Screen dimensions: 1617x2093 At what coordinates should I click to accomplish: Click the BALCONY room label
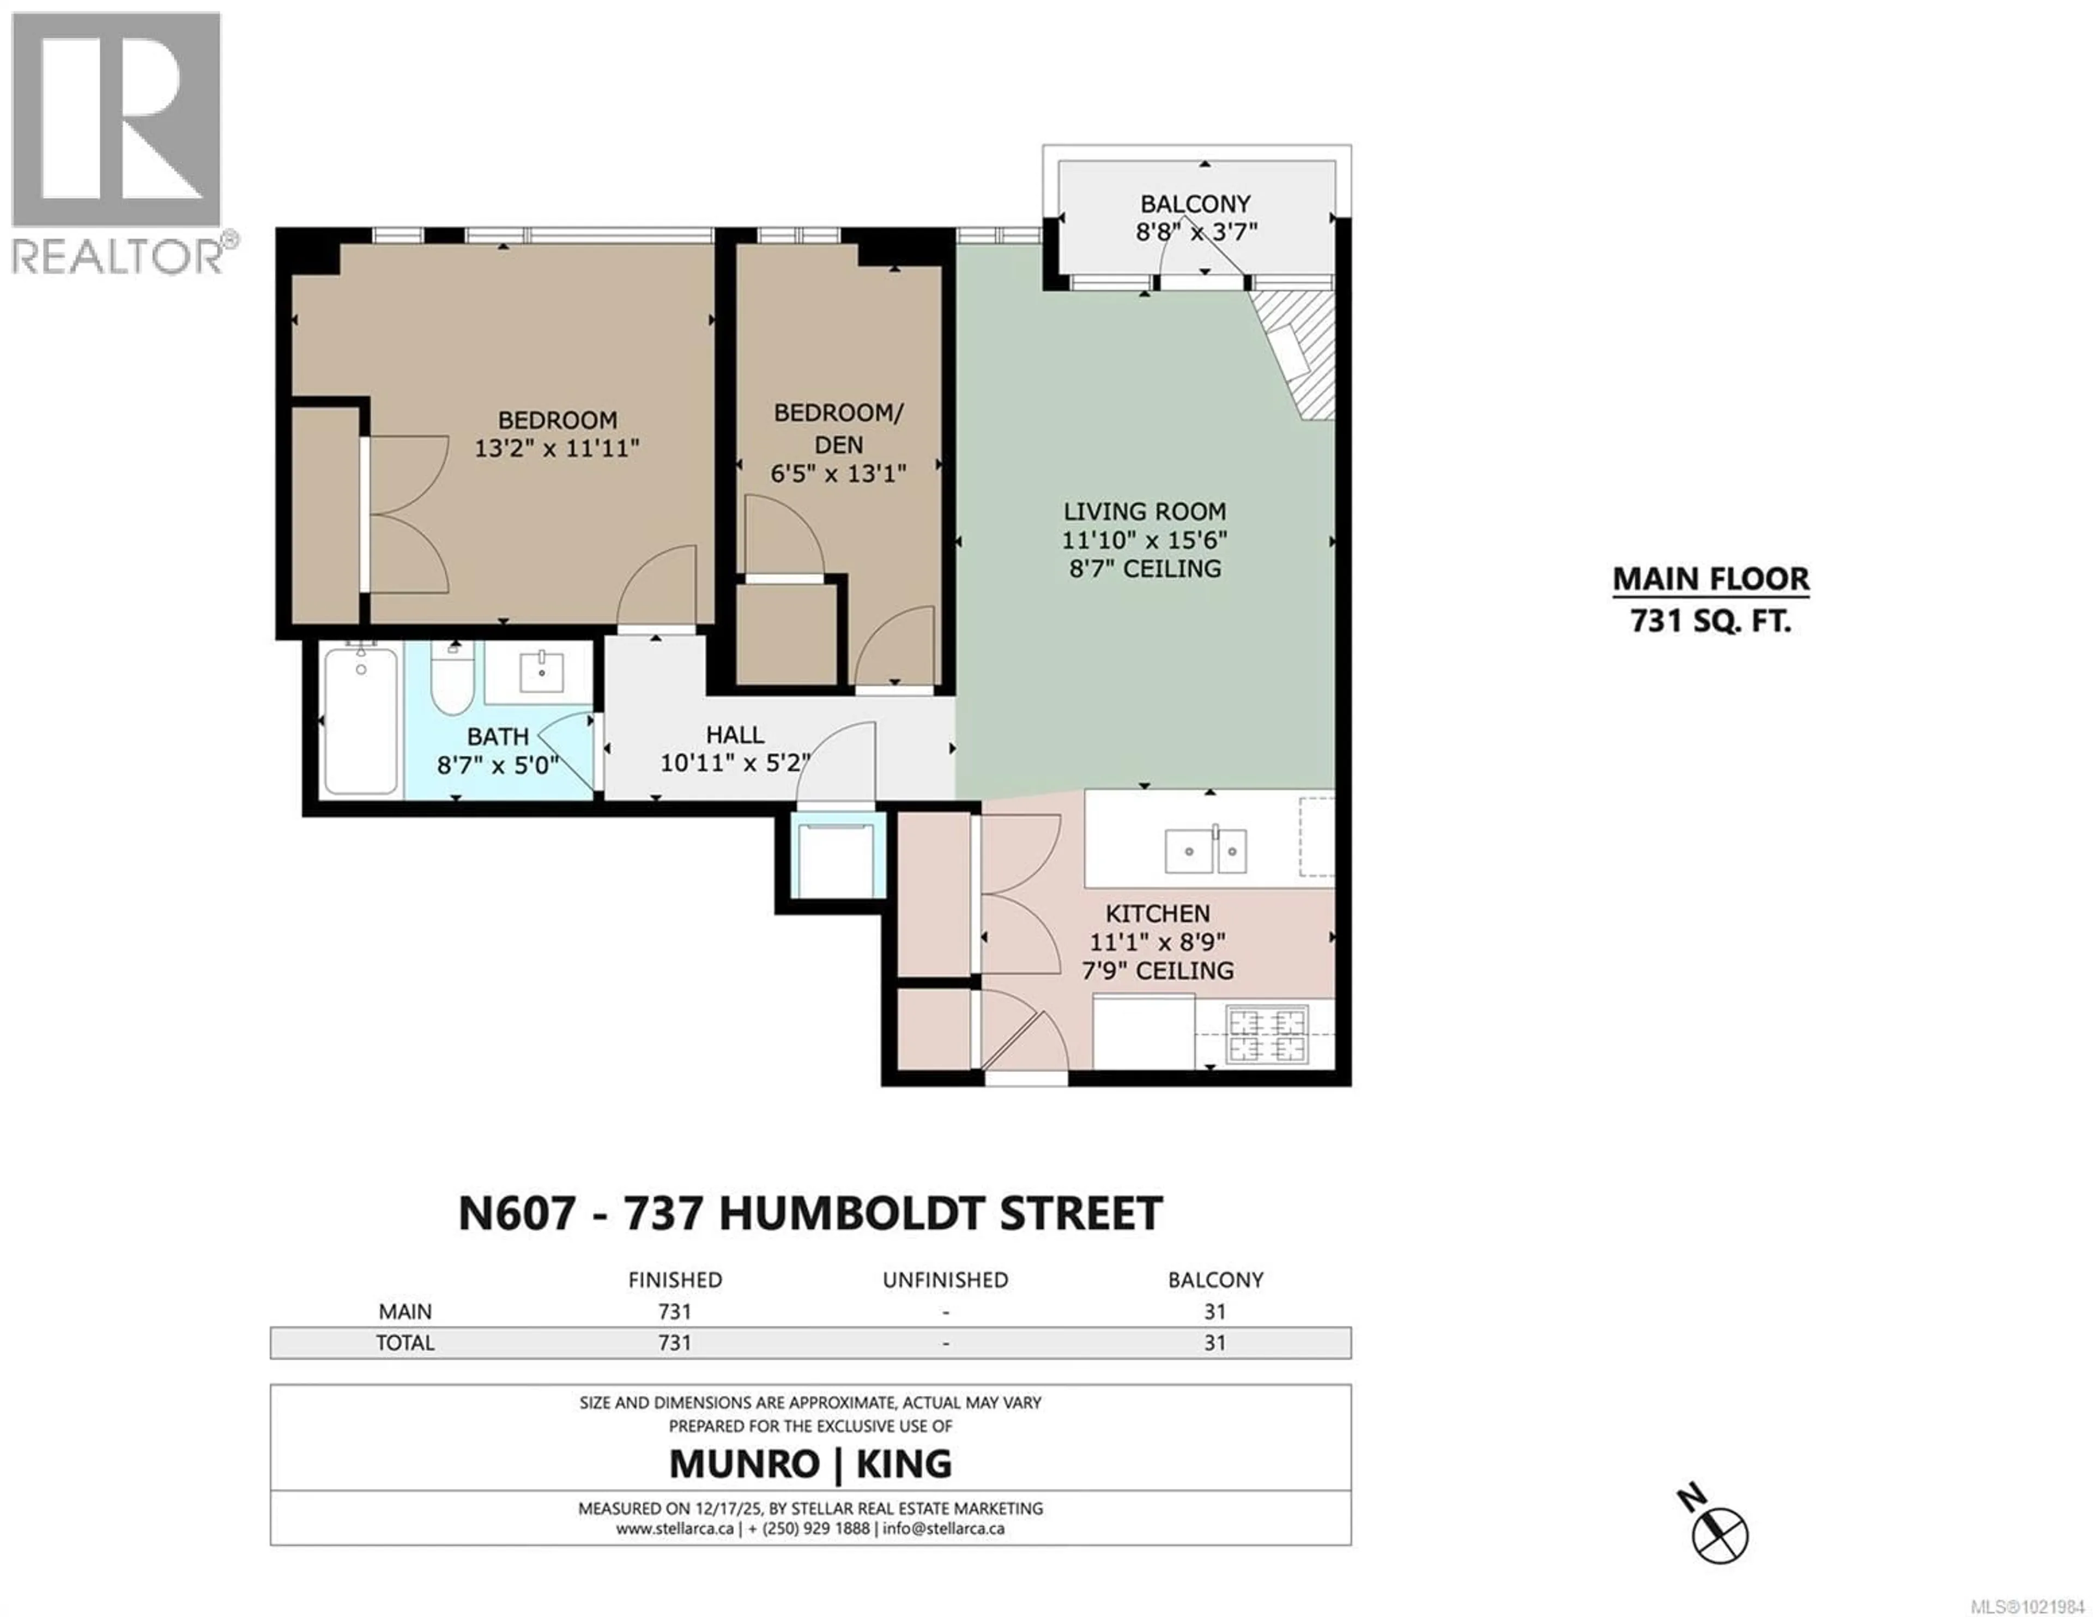pyautogui.click(x=1195, y=204)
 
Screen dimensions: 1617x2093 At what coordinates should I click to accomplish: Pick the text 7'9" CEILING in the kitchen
pyautogui.click(x=1158, y=971)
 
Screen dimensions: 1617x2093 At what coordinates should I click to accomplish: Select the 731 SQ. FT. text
pyautogui.click(x=1710, y=622)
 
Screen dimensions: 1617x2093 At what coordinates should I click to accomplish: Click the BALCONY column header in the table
pyautogui.click(x=1215, y=1280)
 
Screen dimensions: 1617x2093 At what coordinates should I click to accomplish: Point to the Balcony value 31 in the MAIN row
pyautogui.click(x=1214, y=1311)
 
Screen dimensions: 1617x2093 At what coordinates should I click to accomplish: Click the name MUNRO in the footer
pyautogui.click(x=743, y=1464)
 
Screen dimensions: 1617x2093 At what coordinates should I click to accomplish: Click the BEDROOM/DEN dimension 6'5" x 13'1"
pyautogui.click(x=838, y=474)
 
